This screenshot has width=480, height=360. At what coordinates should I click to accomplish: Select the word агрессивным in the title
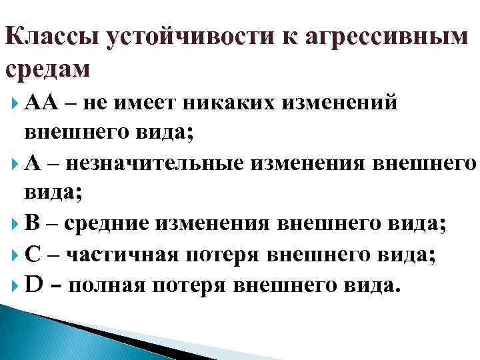[x=387, y=38]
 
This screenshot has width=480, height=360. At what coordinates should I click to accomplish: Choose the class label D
[x=34, y=284]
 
